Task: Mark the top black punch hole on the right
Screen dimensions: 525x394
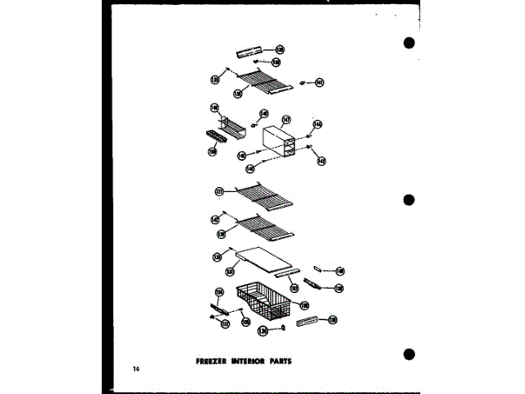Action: (x=409, y=43)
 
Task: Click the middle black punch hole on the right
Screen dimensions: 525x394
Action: (x=409, y=199)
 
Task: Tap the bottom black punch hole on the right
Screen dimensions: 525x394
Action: (x=409, y=354)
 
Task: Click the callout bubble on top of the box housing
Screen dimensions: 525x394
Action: (x=286, y=120)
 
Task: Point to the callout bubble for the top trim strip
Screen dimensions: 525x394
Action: (x=279, y=50)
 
